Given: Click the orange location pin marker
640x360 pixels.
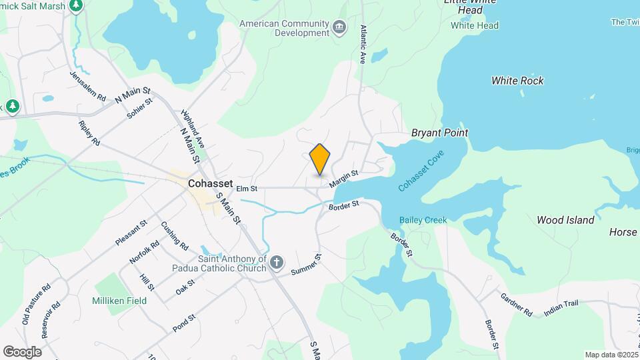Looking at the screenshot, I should (x=320, y=158).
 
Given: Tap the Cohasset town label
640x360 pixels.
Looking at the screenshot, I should (x=209, y=182).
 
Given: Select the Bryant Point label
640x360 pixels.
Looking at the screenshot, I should (x=439, y=133).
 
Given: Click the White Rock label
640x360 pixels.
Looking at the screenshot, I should (x=517, y=81).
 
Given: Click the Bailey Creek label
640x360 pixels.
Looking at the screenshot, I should (x=423, y=219).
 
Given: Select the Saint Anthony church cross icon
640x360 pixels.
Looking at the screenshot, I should (x=277, y=264).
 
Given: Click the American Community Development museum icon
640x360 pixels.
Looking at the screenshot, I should (x=340, y=27).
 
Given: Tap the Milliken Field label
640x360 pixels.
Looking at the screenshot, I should (x=119, y=301).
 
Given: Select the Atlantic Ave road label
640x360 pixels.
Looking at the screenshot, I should (x=363, y=44).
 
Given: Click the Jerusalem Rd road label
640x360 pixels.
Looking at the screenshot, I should (x=87, y=87).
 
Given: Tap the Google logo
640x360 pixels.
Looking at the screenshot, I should (x=22, y=351).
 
